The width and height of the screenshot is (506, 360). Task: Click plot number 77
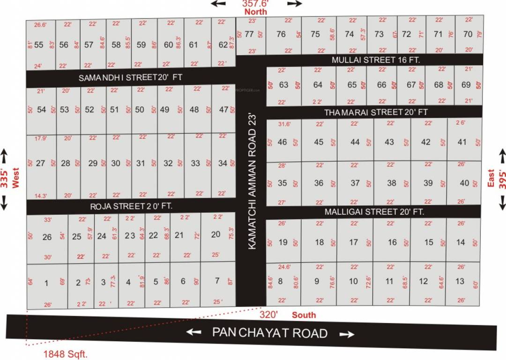249,34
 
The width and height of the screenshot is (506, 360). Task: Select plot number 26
47,237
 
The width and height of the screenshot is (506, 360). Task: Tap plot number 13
460,281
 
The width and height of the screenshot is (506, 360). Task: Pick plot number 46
282,142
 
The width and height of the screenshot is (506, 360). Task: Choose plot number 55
39,45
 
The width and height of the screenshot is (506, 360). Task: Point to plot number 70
468,34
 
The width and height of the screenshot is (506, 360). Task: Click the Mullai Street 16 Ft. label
376,60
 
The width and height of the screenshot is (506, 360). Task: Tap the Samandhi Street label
130,77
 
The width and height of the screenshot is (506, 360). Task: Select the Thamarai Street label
376,112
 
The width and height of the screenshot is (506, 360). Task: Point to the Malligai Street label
374,212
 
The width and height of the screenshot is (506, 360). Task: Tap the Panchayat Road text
270,333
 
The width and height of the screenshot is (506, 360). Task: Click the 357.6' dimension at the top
256,3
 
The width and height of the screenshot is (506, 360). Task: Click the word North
256,11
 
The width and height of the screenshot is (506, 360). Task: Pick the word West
15,178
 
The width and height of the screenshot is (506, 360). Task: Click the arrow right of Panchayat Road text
347,334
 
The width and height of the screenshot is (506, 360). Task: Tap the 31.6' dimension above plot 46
284,124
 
